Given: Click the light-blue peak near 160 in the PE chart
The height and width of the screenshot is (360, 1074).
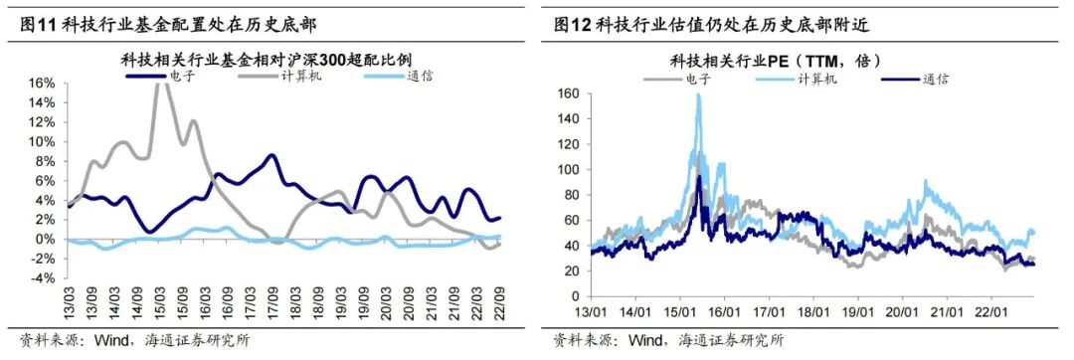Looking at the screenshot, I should pyautogui.click(x=698, y=96).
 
